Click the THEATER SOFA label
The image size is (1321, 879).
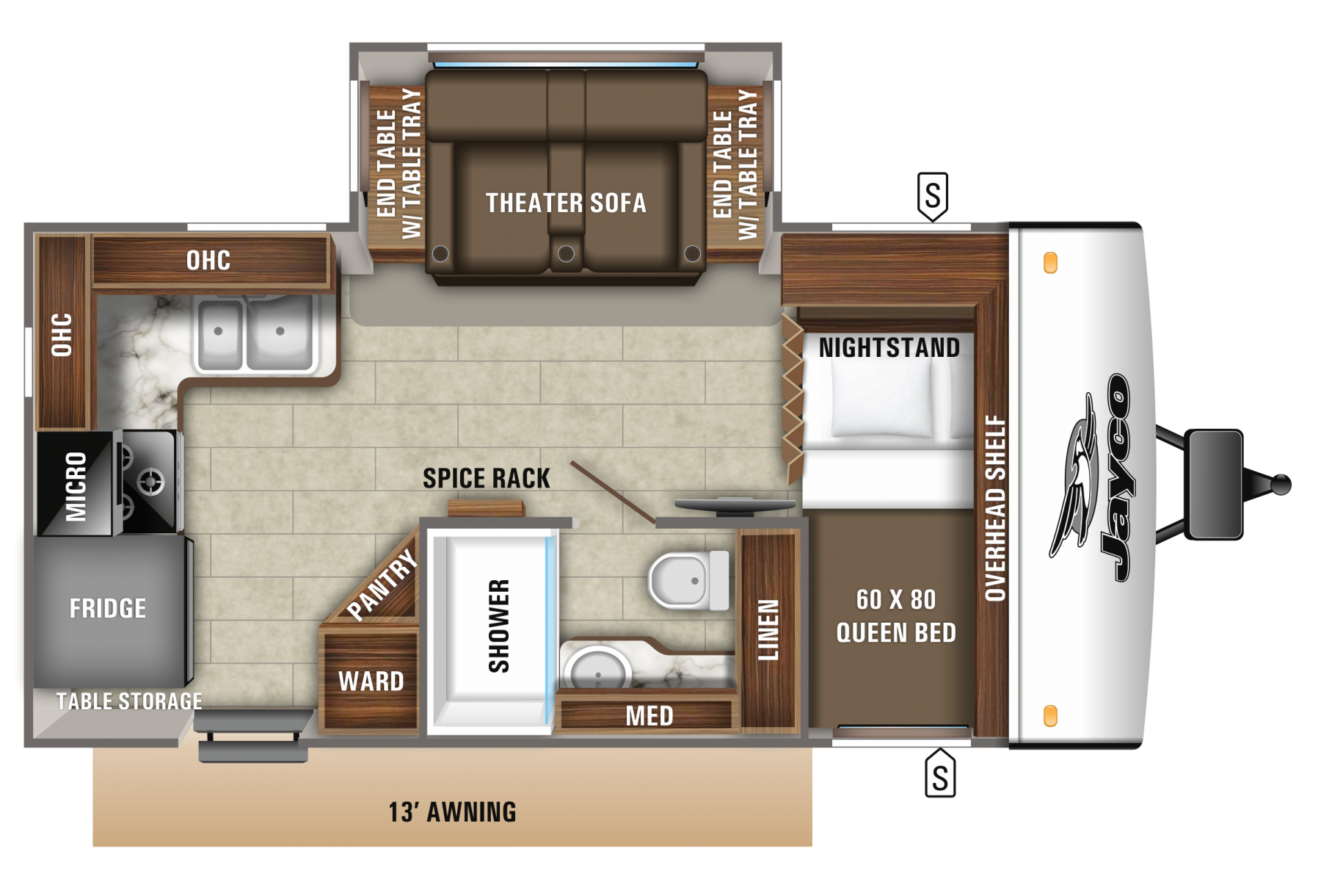566,203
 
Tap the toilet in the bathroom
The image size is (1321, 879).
689,581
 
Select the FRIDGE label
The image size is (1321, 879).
108,608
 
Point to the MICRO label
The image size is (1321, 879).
76,485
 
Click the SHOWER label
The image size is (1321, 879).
499,626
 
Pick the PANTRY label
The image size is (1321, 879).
382,585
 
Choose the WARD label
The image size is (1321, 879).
371,681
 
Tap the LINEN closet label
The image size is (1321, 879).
768,629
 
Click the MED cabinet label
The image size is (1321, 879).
649,716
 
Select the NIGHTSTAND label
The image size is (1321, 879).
889,347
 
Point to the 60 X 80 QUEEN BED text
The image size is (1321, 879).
896,615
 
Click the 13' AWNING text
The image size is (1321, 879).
452,812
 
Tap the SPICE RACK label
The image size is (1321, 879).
487,478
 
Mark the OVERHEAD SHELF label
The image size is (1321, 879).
995,508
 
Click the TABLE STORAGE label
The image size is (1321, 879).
129,701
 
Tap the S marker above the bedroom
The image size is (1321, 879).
933,196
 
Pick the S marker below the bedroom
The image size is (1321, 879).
940,773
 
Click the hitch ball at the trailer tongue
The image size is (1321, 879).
1281,485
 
